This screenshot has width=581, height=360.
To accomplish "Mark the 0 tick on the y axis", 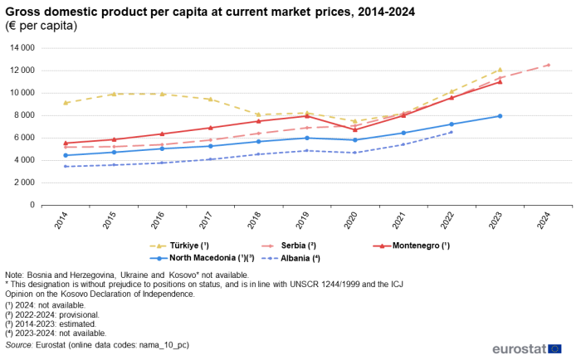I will coord(32,205).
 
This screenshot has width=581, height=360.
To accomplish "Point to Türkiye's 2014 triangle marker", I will coord(65,103).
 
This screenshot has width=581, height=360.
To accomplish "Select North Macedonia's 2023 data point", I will coord(500,116).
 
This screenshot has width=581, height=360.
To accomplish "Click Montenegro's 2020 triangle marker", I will coord(354,129).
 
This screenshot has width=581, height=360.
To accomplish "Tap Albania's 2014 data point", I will coord(65,167).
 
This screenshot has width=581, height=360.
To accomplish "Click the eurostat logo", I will coord(526,349).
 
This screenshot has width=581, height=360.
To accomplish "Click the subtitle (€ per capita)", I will coord(41,26).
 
